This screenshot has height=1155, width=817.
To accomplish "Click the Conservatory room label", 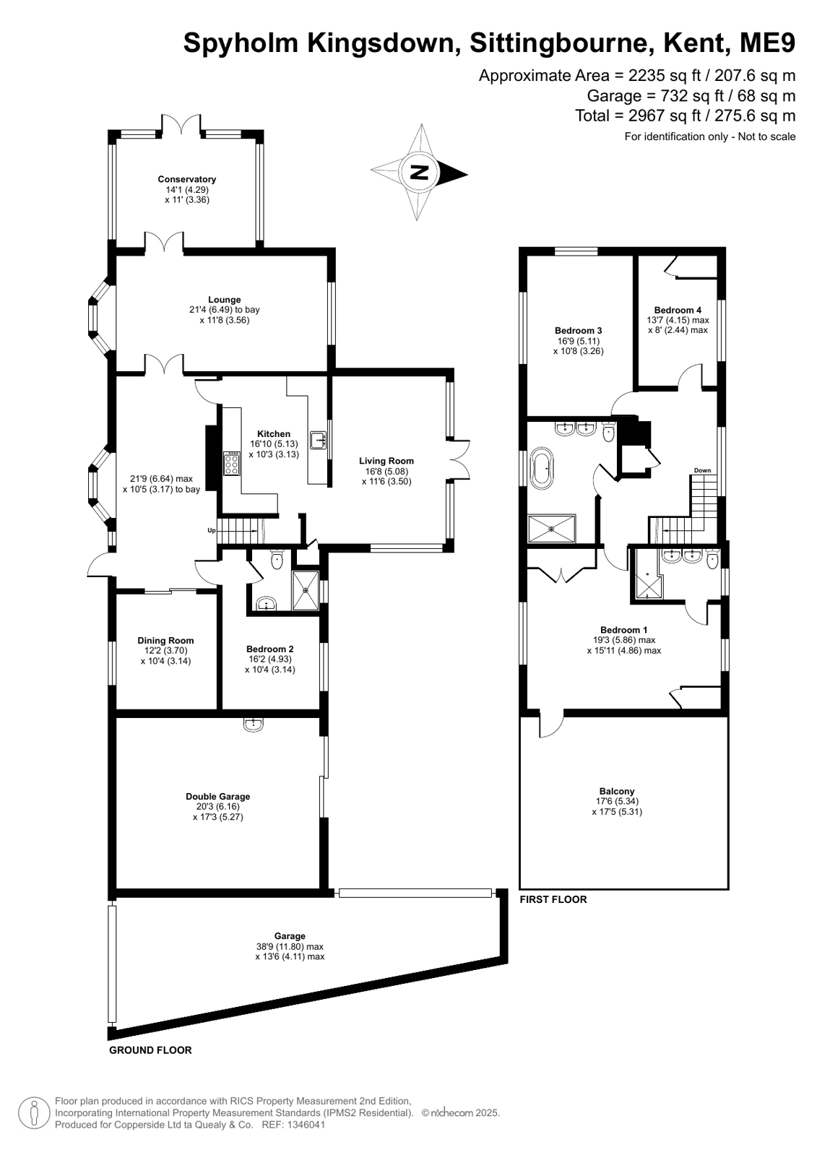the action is click(186, 179).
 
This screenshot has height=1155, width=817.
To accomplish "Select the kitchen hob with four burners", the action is click(232, 463).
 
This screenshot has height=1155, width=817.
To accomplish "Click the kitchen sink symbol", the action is click(319, 440).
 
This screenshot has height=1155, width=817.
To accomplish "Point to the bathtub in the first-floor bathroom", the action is click(542, 469).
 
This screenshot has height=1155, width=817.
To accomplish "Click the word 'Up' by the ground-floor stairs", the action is click(212, 530).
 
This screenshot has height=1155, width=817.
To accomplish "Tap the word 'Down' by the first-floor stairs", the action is click(702, 470).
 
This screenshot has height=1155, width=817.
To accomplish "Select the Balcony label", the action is click(617, 791).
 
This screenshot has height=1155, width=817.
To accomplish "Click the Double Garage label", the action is click(217, 797).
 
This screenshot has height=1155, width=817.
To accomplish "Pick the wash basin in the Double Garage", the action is click(254, 724).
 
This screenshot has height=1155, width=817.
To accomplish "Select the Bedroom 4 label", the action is click(678, 310).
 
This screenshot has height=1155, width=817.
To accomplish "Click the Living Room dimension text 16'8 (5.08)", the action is click(386, 471).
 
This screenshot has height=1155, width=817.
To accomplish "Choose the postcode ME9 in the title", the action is click(767, 43).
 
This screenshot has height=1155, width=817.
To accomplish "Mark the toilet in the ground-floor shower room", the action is click(277, 559).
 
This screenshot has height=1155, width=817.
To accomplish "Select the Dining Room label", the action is click(165, 641).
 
